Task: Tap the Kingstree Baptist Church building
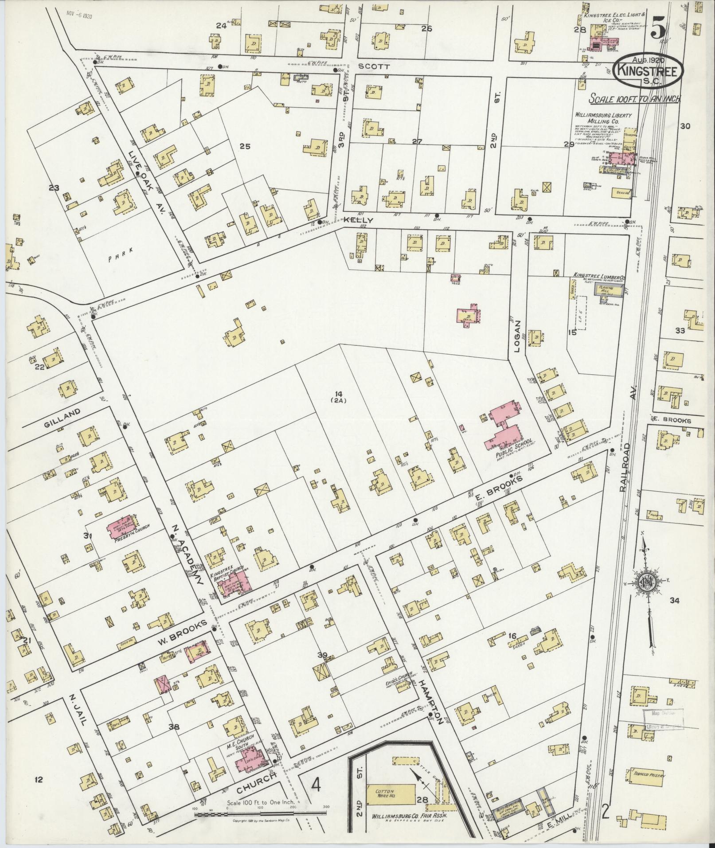coord(232,583)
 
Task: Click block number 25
coord(245,146)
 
